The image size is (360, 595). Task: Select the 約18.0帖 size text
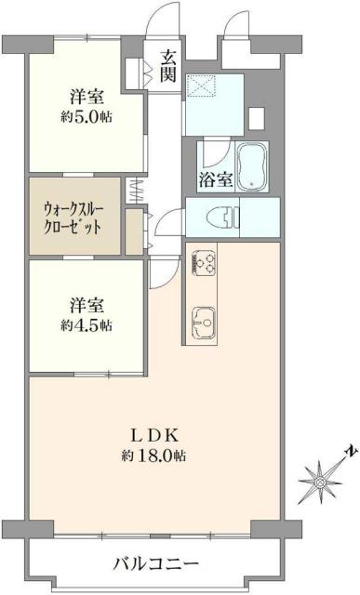[x=151, y=456]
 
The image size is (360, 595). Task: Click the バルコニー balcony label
[x=155, y=564]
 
